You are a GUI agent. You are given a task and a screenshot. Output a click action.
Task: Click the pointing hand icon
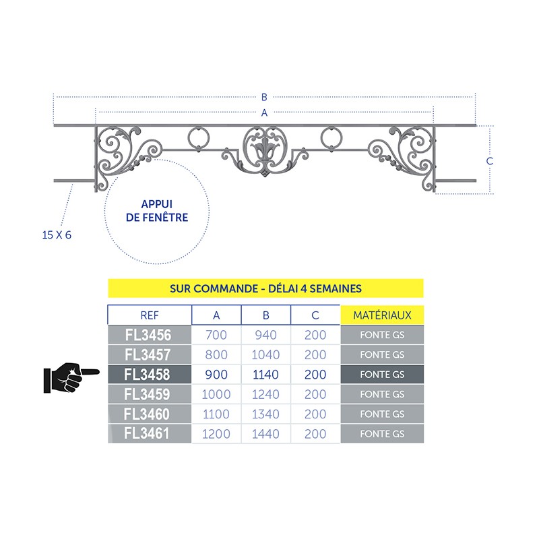click(71, 377)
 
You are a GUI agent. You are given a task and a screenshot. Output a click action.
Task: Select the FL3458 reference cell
click(150, 375)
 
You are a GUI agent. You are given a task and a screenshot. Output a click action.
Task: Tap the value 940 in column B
click(265, 335)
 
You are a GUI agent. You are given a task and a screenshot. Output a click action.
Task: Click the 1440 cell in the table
click(265, 434)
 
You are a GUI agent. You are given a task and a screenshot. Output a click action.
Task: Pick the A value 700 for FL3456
click(216, 335)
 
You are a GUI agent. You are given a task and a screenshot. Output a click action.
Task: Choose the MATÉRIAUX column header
click(382, 315)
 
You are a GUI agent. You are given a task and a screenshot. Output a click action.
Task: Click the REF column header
click(150, 315)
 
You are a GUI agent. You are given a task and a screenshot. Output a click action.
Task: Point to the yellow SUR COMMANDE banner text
click(265, 288)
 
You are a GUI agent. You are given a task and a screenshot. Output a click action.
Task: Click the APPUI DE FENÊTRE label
click(157, 211)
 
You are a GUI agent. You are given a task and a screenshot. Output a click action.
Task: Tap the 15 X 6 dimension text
click(57, 235)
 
